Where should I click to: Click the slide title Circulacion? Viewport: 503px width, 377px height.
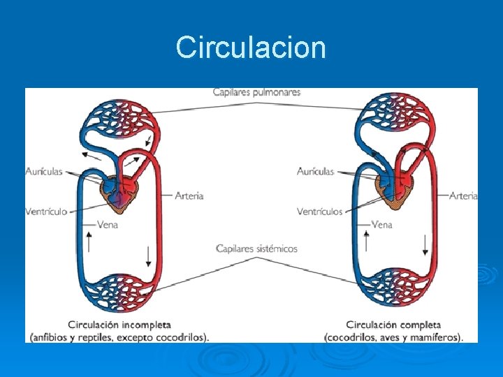pyautogui.click(x=251, y=47)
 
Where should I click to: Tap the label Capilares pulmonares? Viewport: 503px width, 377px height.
pyautogui.click(x=257, y=92)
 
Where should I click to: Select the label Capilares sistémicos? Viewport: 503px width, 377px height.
pyautogui.click(x=256, y=249)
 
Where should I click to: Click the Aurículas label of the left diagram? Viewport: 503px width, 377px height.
pyautogui.click(x=44, y=171)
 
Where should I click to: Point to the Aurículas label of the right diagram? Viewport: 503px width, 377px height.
pyautogui.click(x=315, y=171)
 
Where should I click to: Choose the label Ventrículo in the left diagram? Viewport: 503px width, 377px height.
pyautogui.click(x=46, y=211)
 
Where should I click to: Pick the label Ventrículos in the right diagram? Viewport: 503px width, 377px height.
pyautogui.click(x=319, y=211)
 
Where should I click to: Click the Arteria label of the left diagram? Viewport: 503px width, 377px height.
pyautogui.click(x=189, y=196)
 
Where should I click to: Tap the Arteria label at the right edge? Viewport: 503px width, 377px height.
pyautogui.click(x=463, y=196)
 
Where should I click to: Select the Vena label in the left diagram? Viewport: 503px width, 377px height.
pyautogui.click(x=108, y=225)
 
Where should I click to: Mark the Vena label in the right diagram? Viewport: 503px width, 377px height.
pyautogui.click(x=382, y=225)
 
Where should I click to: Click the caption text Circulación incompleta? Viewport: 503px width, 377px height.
pyautogui.click(x=119, y=325)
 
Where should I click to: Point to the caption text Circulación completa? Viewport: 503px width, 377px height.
pyautogui.click(x=393, y=325)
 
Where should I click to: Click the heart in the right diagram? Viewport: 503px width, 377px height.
pyautogui.click(x=395, y=191)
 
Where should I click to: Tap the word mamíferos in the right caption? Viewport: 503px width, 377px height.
pyautogui.click(x=438, y=337)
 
